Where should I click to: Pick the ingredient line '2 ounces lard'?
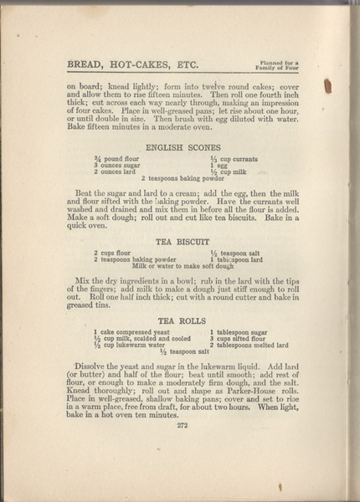(116, 172)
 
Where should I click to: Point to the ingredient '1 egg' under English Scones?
(219, 166)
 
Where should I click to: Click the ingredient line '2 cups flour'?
(111, 253)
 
